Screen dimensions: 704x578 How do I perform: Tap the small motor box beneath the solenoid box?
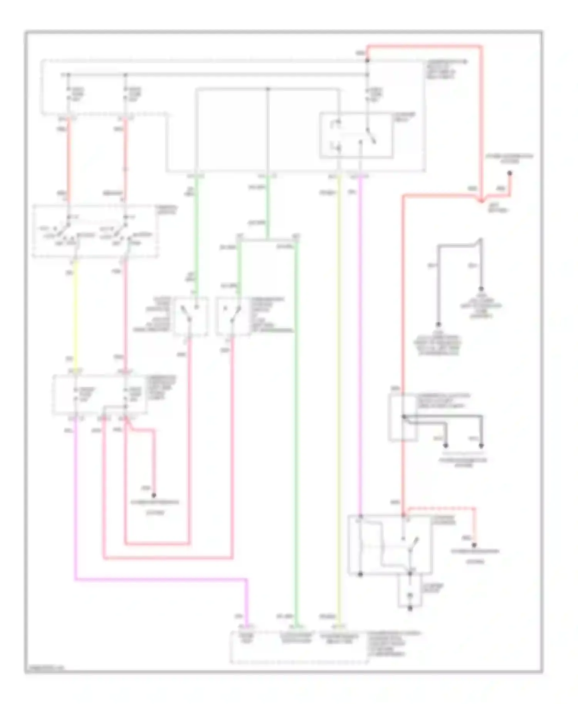pos(410,592)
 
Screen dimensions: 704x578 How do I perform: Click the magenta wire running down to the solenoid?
pos(360,347)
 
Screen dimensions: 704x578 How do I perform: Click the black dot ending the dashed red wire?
pos(474,545)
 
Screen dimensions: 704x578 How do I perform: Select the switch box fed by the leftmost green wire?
pos(190,316)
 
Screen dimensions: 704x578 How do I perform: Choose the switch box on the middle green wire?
pos(232,316)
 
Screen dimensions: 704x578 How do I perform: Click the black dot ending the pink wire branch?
pos(153,495)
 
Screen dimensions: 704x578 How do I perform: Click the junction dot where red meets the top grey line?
pos(367,61)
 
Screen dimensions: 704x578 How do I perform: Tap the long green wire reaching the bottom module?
pos(296,424)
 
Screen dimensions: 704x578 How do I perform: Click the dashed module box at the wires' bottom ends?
pos(299,647)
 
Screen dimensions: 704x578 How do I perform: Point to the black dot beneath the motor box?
pos(410,608)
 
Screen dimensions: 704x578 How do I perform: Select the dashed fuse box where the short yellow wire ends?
pos(99,395)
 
